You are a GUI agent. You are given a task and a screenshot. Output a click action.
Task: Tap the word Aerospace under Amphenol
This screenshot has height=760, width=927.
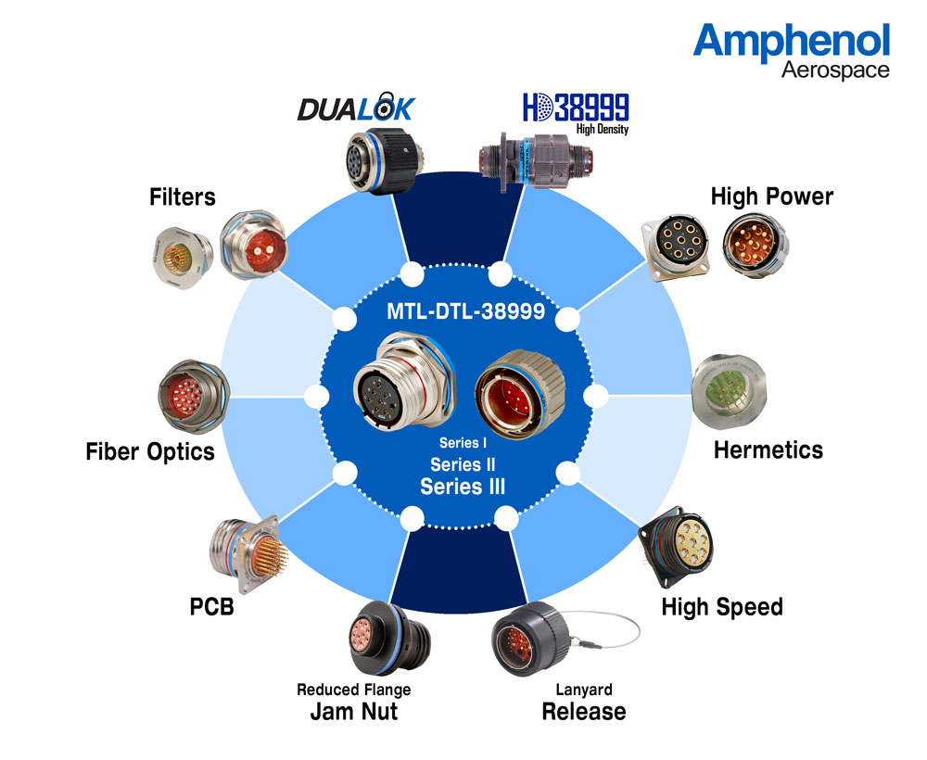(x=835, y=70)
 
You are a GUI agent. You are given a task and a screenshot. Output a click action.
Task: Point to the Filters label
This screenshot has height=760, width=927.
(x=182, y=196)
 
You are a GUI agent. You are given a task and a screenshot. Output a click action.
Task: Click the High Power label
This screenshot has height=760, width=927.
(x=771, y=196)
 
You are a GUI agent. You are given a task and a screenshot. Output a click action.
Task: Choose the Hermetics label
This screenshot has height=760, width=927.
(x=768, y=450)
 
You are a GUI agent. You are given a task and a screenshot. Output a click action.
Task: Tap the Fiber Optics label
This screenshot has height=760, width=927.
(x=150, y=451)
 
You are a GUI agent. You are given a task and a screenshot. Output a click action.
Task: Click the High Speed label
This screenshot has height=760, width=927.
(x=722, y=607)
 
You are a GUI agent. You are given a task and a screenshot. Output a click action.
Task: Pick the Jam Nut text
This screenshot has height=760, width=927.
(x=354, y=712)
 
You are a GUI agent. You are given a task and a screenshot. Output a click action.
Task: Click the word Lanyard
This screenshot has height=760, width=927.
(x=584, y=690)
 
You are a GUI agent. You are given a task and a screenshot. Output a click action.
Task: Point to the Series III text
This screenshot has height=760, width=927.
(x=463, y=487)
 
